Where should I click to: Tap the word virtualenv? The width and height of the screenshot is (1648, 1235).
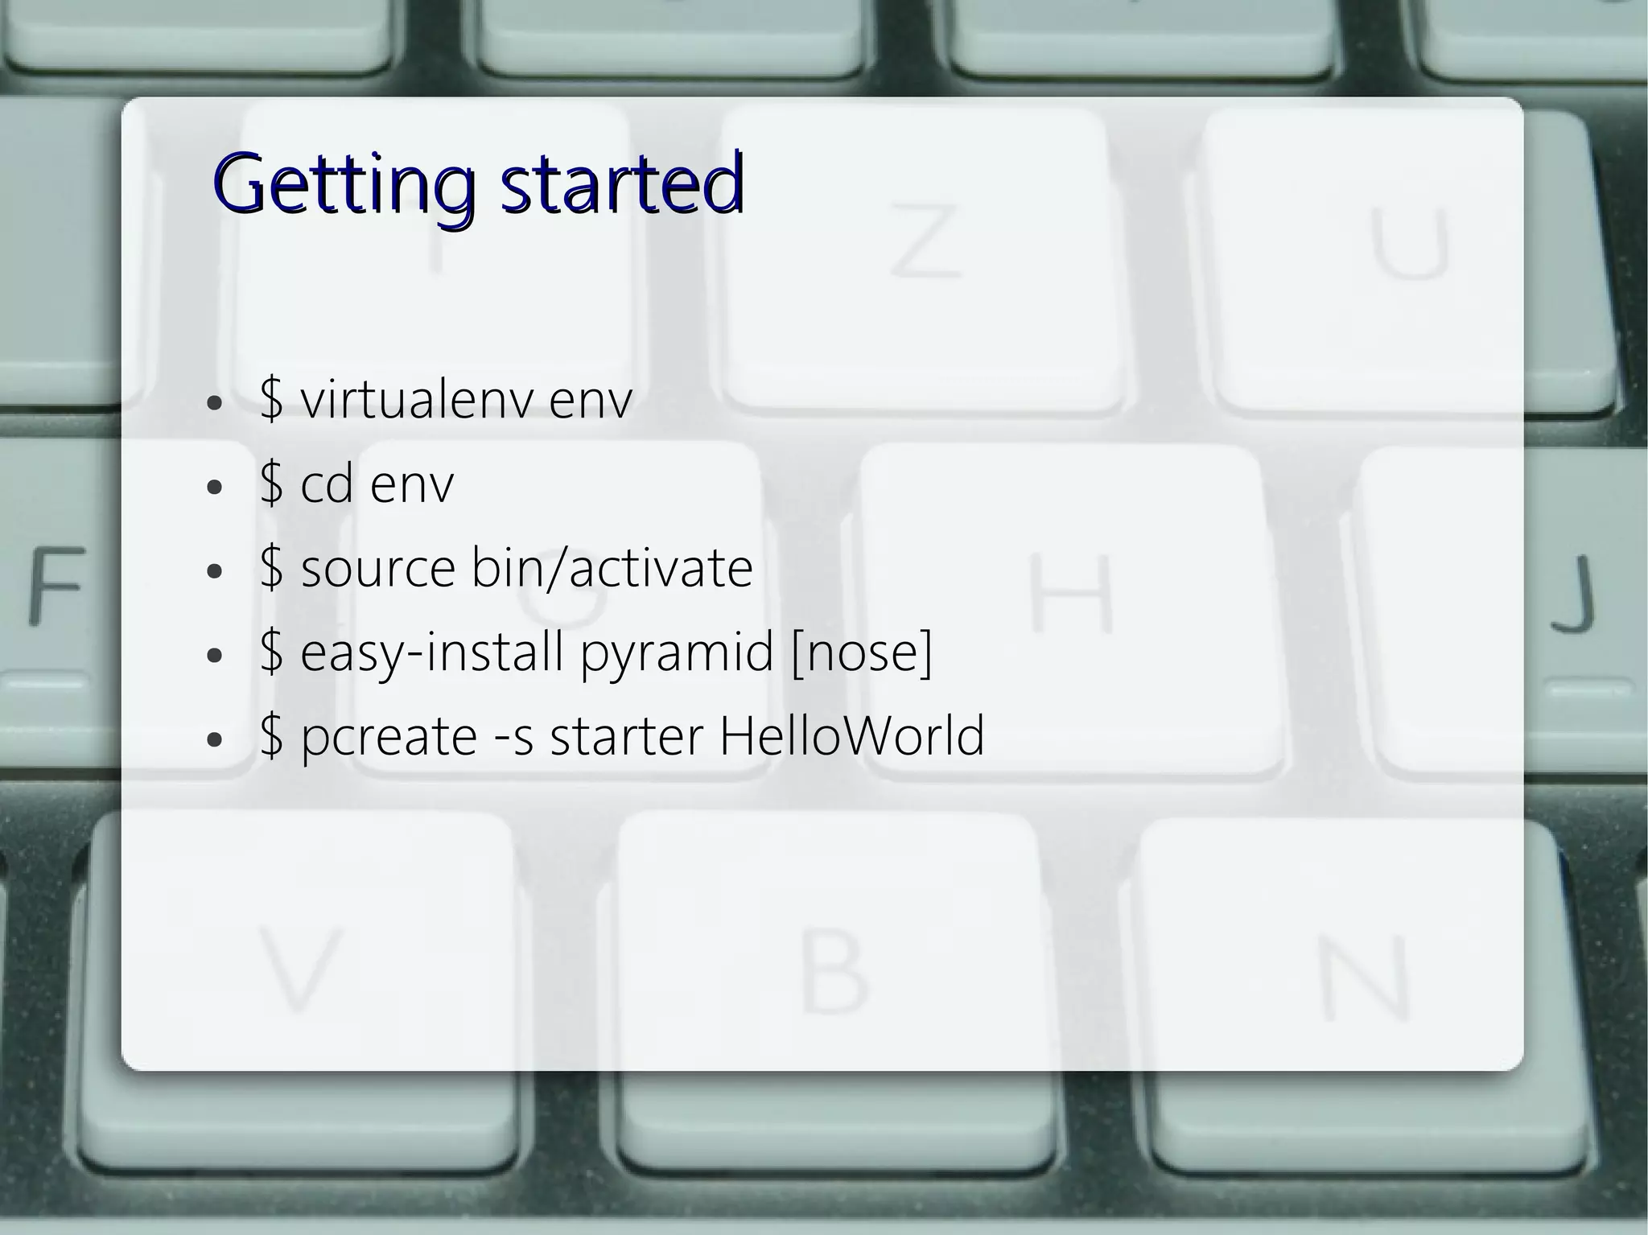click(417, 399)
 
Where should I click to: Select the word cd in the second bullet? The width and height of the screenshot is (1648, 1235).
click(327, 484)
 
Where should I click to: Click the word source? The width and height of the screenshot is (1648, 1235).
click(378, 568)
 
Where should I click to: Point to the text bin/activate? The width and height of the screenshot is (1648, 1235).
click(612, 568)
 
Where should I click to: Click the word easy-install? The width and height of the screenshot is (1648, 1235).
click(431, 652)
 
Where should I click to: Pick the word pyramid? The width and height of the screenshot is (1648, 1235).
click(677, 653)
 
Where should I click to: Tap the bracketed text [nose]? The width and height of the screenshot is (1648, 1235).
click(862, 652)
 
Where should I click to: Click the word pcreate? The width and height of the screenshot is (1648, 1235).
click(389, 737)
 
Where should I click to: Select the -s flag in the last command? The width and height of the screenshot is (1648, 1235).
click(513, 737)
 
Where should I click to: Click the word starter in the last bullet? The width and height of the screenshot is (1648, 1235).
click(626, 735)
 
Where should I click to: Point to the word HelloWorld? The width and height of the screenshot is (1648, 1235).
click(851, 735)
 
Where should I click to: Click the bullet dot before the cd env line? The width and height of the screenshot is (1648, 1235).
click(213, 488)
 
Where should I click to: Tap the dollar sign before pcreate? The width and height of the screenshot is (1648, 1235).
click(272, 735)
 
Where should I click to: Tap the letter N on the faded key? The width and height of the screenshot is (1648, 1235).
click(1365, 978)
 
